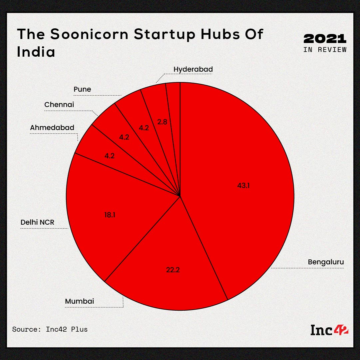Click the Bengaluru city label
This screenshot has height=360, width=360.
326,262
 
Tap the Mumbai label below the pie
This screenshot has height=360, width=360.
80,301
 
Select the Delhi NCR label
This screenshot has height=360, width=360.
37,222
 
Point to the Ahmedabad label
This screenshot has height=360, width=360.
52,128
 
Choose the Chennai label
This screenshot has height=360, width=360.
59,105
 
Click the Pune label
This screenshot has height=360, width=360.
82,89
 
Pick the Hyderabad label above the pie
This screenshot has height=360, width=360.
193,69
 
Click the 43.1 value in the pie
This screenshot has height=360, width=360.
243,185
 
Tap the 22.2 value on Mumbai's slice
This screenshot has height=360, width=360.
173,270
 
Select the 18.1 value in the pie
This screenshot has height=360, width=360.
110,215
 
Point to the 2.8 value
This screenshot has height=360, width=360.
162,122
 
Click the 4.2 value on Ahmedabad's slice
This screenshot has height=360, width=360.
110,156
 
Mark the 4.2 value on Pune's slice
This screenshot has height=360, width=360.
144,128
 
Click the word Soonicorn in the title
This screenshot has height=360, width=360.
89,34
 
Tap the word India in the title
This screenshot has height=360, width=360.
36,51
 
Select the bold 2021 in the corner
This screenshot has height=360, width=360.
325,39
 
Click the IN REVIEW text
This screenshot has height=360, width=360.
325,50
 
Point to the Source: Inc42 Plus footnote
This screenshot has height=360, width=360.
50,329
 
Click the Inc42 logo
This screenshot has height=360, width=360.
329,330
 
